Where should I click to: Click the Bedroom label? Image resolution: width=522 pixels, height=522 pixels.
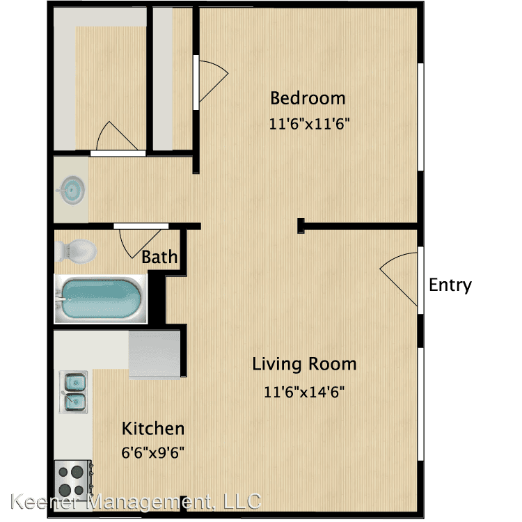[308, 98]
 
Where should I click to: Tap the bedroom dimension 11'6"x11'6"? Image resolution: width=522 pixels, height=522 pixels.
[309, 124]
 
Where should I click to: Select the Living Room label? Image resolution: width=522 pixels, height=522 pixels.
[304, 364]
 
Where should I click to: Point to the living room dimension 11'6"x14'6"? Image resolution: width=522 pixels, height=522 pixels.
[304, 392]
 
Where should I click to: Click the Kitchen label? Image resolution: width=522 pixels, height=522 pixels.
[153, 429]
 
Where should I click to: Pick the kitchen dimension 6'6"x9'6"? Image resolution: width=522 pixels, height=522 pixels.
[153, 453]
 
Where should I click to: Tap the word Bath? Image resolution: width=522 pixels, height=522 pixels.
[159, 257]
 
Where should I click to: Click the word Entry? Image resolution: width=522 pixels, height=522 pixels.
[450, 285]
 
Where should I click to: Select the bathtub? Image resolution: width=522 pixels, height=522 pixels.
[100, 299]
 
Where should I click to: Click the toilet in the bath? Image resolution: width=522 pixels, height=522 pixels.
[76, 251]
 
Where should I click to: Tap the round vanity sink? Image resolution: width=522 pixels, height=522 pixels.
[72, 191]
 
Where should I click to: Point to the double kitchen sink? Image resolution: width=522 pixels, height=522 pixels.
[74, 392]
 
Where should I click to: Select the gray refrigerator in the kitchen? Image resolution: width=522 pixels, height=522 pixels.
[155, 354]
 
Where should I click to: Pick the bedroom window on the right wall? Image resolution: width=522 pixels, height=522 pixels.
[421, 117]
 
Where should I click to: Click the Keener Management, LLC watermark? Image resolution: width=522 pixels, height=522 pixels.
[136, 502]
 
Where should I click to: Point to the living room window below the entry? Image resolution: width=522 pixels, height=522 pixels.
[421, 404]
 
